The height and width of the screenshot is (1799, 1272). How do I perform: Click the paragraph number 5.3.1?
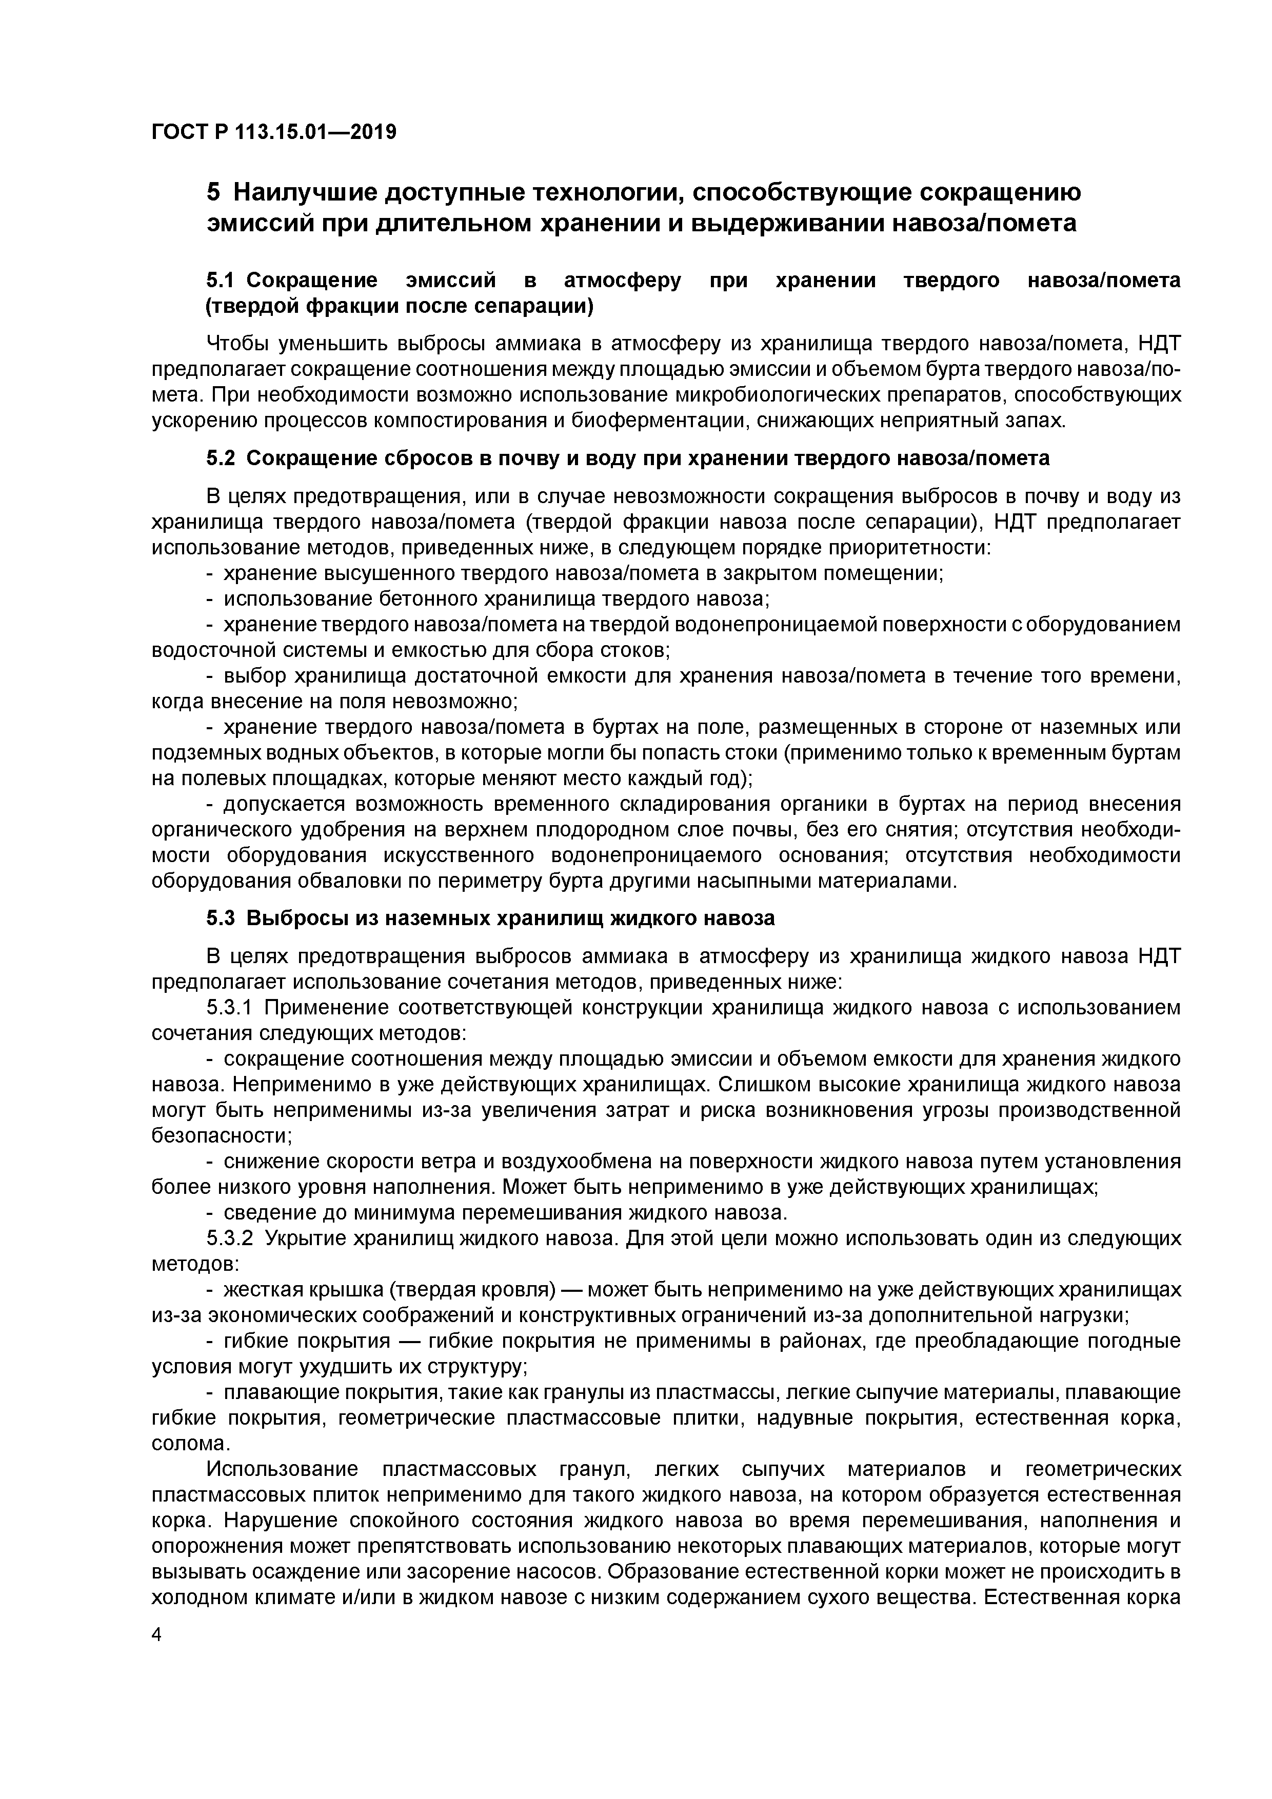pos(230,1008)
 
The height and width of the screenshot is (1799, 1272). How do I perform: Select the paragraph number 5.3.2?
pos(230,1239)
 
